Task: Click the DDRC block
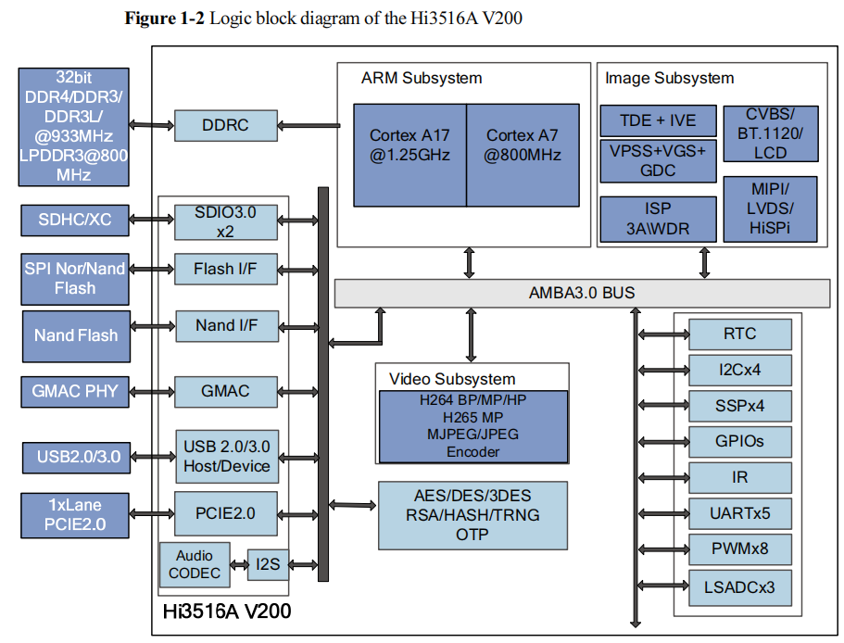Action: tap(225, 125)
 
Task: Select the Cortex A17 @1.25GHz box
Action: tap(409, 155)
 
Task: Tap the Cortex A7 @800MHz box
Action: tap(523, 155)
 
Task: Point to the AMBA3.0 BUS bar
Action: tap(581, 294)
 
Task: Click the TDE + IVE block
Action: tap(659, 120)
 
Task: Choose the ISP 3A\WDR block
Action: tap(659, 220)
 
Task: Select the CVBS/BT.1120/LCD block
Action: tap(770, 132)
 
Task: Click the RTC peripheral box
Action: tap(739, 334)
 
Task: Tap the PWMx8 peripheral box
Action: tap(739, 548)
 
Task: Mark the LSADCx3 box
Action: tap(739, 586)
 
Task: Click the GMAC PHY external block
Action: tap(75, 391)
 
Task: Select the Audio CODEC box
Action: tap(195, 564)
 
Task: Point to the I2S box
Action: tap(268, 563)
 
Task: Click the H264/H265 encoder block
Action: tap(472, 426)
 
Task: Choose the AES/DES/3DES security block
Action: tap(472, 514)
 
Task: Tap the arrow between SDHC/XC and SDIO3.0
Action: tap(152, 220)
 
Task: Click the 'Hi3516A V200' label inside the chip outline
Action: tap(228, 611)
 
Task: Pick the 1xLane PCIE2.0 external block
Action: tap(75, 515)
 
